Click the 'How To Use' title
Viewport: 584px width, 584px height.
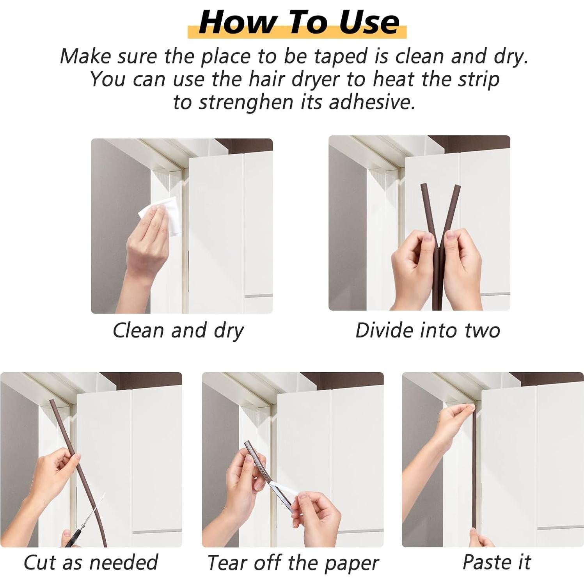click(x=299, y=22)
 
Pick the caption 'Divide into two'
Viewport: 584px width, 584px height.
click(x=428, y=330)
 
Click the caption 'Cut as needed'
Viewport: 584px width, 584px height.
click(x=91, y=562)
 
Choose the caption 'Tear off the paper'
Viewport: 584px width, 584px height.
click(x=293, y=563)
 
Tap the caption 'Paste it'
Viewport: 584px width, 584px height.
click(x=497, y=562)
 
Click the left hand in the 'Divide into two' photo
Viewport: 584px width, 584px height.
click(x=415, y=269)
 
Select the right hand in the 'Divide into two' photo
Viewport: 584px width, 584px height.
click(x=462, y=265)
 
